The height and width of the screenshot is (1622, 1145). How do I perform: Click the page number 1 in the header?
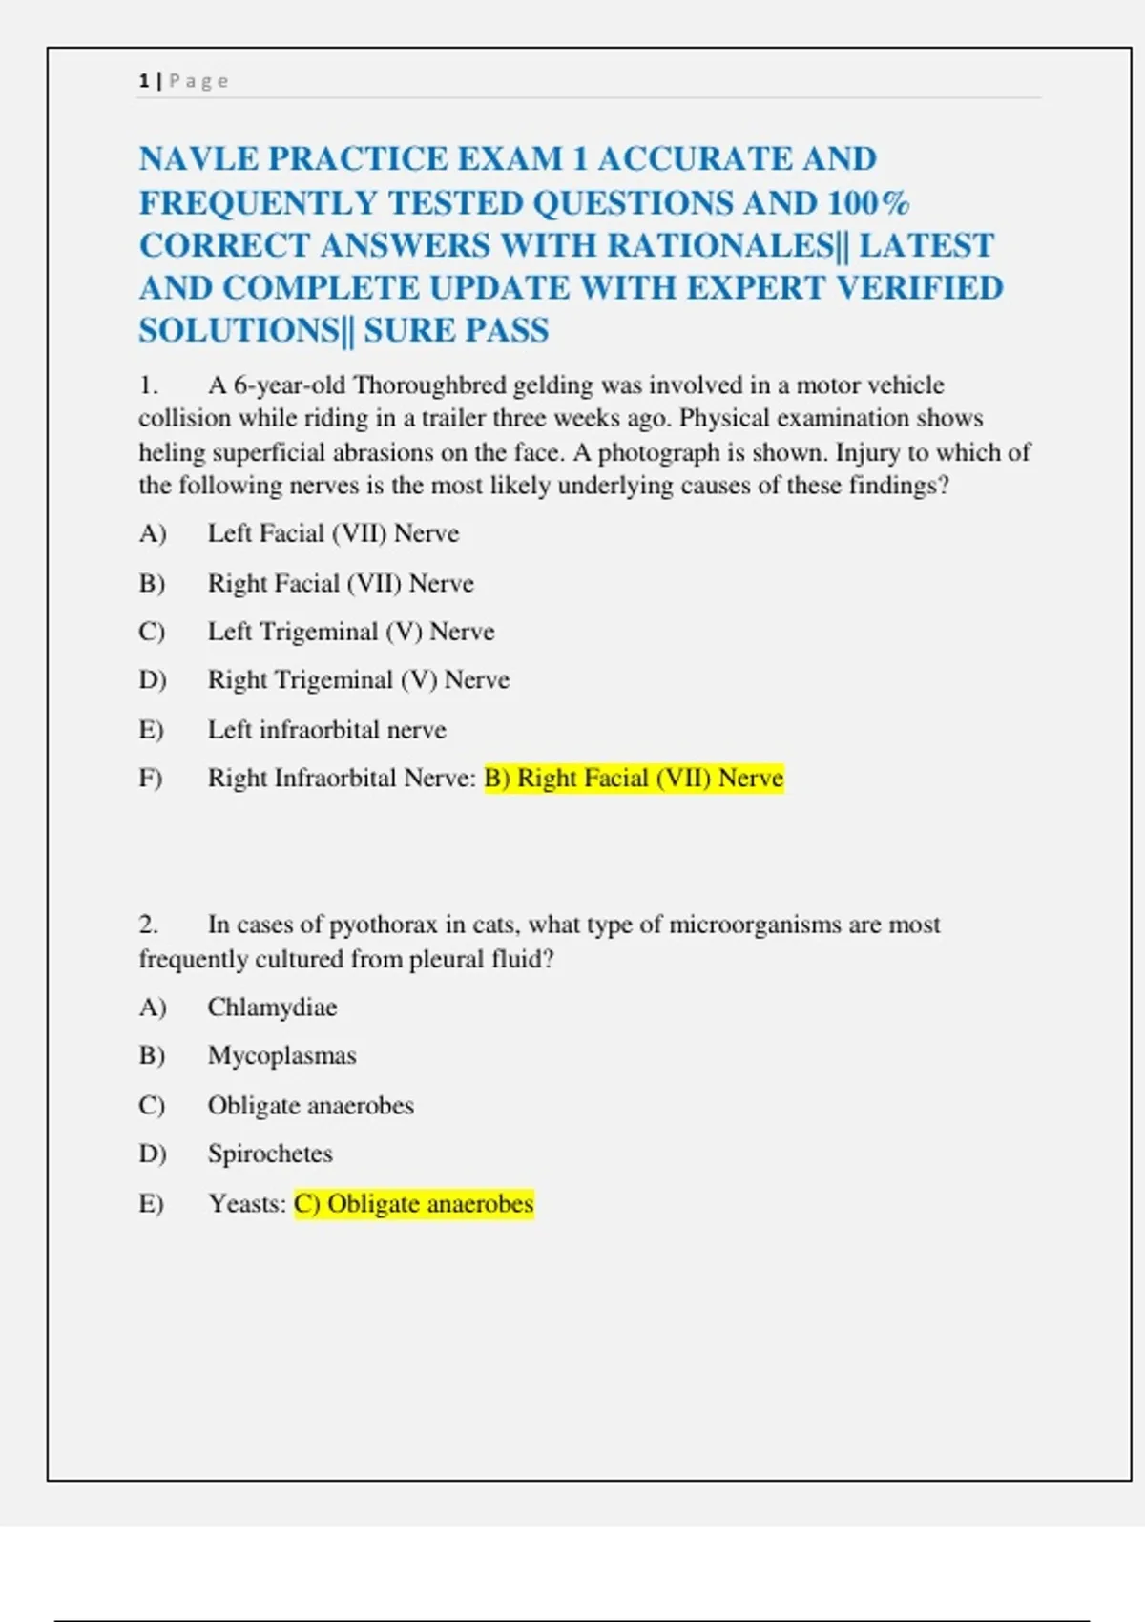143,81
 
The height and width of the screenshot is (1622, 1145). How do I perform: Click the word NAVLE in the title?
198,159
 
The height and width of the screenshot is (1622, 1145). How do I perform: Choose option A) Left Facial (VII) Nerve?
333,533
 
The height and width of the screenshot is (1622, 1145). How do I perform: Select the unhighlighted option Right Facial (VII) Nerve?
341,583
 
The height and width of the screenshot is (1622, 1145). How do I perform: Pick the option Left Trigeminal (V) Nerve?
351,632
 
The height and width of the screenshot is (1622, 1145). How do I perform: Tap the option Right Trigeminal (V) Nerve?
359,680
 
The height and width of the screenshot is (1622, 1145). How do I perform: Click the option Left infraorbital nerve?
326,730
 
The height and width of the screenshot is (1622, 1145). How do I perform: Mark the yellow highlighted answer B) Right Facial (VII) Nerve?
634,779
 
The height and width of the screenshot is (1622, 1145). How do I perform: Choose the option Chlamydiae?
272,1008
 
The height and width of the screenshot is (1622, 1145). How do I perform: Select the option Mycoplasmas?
281,1056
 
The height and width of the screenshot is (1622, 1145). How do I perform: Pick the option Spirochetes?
270,1154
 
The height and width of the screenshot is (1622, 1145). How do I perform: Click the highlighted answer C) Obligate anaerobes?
413,1204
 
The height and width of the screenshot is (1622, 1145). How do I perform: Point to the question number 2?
148,925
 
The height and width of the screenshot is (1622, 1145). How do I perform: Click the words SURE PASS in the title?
456,331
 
